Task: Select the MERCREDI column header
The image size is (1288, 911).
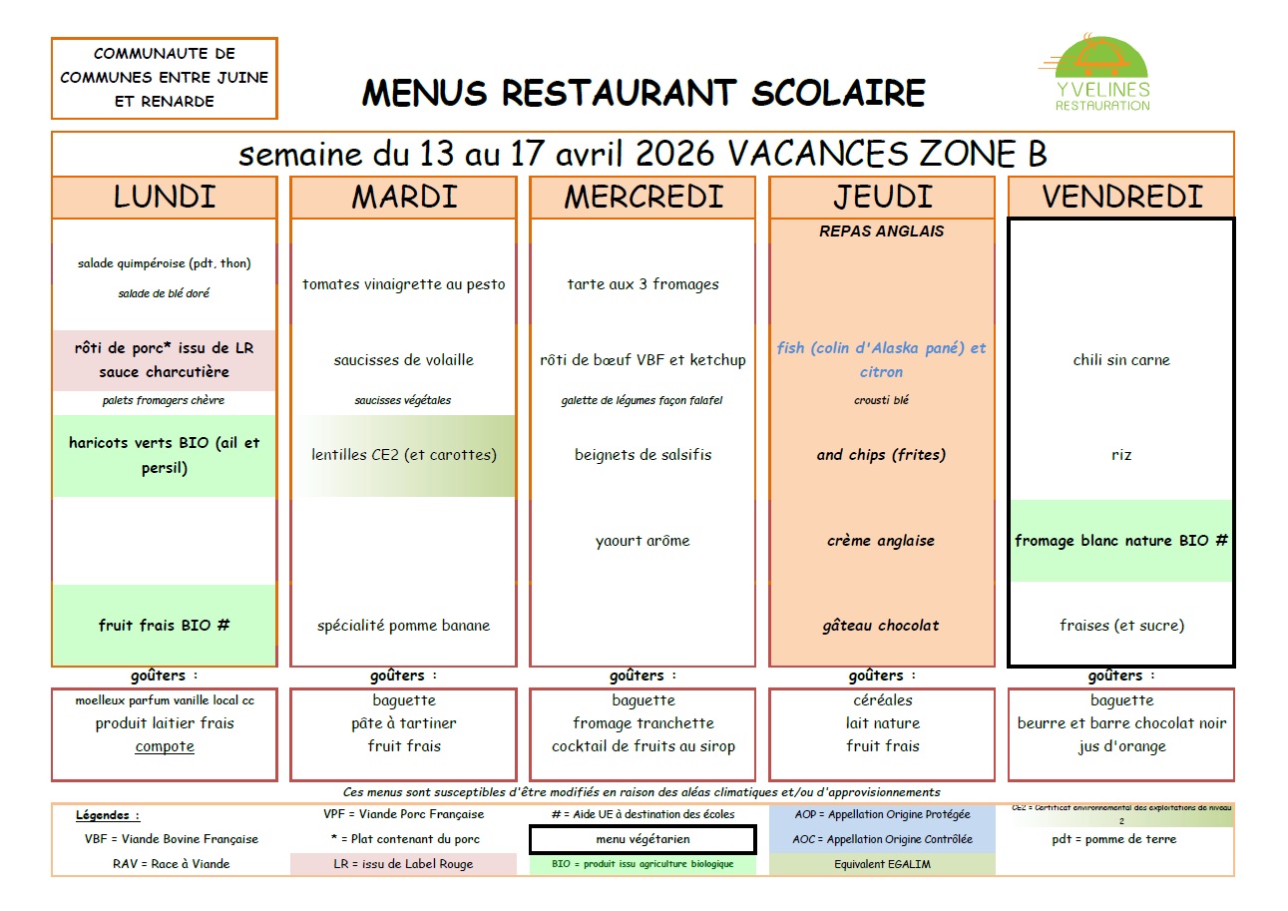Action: (x=643, y=197)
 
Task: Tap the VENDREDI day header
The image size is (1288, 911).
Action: (x=1121, y=197)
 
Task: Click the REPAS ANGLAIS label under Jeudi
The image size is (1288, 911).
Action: (x=881, y=230)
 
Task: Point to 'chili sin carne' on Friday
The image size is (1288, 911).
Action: (x=1121, y=360)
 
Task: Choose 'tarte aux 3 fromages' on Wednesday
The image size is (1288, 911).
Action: (x=643, y=284)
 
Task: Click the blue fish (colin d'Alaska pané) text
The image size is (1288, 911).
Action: (x=881, y=359)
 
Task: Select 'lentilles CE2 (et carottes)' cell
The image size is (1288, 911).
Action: (x=403, y=455)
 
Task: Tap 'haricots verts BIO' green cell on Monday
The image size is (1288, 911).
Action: (x=165, y=455)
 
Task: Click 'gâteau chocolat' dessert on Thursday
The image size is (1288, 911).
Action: (x=882, y=626)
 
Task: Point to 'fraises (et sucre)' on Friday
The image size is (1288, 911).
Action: (x=1121, y=626)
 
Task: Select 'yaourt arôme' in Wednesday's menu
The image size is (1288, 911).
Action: (x=643, y=541)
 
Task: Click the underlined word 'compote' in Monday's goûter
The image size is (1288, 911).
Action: (x=165, y=746)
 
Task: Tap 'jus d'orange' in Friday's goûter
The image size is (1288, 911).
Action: (x=1121, y=746)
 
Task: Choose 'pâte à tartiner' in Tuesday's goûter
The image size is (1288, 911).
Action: (x=403, y=723)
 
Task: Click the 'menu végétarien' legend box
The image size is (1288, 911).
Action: (x=643, y=839)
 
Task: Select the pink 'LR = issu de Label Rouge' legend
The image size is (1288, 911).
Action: (x=403, y=864)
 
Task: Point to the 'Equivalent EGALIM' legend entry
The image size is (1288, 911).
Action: (x=882, y=864)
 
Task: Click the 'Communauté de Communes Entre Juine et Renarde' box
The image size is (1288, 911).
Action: (x=165, y=78)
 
